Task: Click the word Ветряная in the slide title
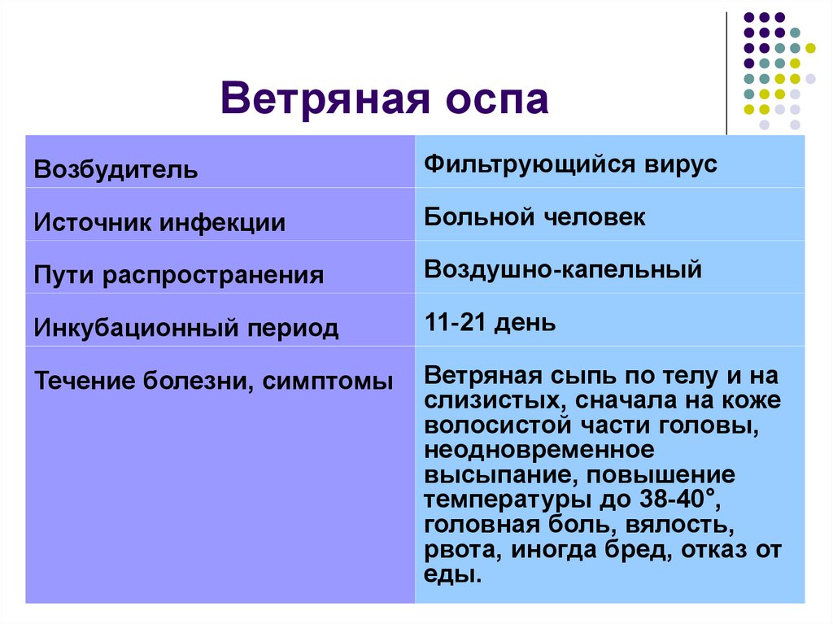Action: pos(325,99)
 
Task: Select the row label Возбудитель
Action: pos(116,169)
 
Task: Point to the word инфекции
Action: pos(223,223)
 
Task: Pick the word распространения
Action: pos(213,276)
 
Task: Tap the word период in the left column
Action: pos(293,328)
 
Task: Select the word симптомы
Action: pos(327,381)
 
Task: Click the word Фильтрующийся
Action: pos(530,164)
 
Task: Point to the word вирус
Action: pos(681,165)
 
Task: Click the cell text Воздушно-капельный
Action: pos(563,269)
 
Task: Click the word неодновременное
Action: pos(539,450)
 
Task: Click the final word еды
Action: pos(452,574)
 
